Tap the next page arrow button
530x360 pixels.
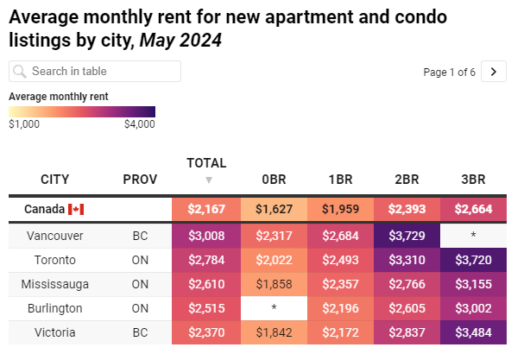[x=494, y=72]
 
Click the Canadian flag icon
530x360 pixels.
[x=75, y=210]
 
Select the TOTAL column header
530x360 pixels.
[x=206, y=162]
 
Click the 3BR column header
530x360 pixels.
[x=473, y=180]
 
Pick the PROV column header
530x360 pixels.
[x=140, y=180]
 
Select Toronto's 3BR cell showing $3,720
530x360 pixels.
[x=473, y=260]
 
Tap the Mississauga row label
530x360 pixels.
[x=55, y=284]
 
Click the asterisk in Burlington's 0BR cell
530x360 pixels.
[x=273, y=308]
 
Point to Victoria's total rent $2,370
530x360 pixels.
[x=206, y=332]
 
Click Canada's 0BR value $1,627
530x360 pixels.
[x=273, y=209]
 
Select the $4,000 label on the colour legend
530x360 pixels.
[x=139, y=124]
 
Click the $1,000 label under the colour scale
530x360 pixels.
[x=24, y=124]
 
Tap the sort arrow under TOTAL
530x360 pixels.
[x=207, y=180]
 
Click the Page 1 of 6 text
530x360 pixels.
[x=449, y=73]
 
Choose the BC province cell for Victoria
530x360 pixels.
[x=140, y=332]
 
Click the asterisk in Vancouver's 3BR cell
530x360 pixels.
[x=473, y=236]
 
